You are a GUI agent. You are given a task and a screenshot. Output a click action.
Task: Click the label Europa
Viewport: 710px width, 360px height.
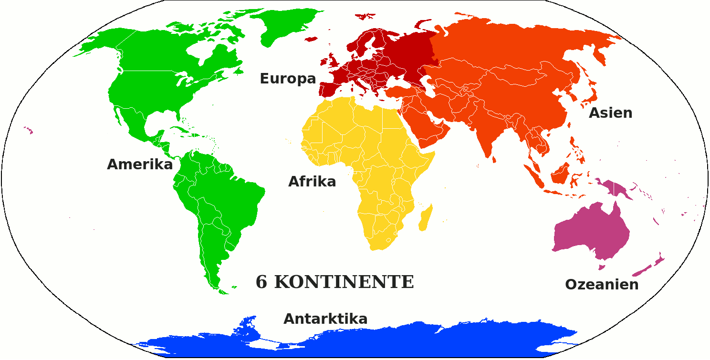[x=288, y=79]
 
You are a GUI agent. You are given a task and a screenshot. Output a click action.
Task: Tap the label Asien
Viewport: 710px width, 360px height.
[x=610, y=113]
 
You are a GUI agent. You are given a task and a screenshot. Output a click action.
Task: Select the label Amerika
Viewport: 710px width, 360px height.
[x=139, y=165]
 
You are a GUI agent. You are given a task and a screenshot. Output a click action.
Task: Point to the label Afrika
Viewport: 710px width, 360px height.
[x=312, y=182]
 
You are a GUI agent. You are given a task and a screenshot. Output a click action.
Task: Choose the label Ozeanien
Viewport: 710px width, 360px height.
[x=602, y=285]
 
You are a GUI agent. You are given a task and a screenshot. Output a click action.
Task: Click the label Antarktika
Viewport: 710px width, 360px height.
[x=325, y=319]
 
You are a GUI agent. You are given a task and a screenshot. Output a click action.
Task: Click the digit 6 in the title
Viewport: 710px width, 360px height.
[x=261, y=282]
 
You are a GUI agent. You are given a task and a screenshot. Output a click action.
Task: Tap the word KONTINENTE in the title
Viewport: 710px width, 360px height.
[x=344, y=282]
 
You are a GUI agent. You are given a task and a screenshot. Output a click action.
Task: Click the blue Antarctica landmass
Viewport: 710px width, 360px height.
[x=382, y=341]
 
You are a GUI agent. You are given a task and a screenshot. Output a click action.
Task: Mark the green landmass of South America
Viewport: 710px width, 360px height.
[x=219, y=200]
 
